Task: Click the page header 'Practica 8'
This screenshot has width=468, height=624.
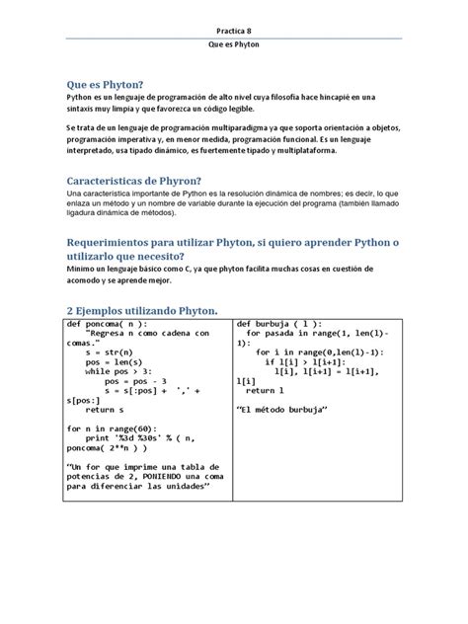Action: pyautogui.click(x=233, y=30)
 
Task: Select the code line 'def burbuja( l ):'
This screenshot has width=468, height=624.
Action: pyautogui.click(x=277, y=324)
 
